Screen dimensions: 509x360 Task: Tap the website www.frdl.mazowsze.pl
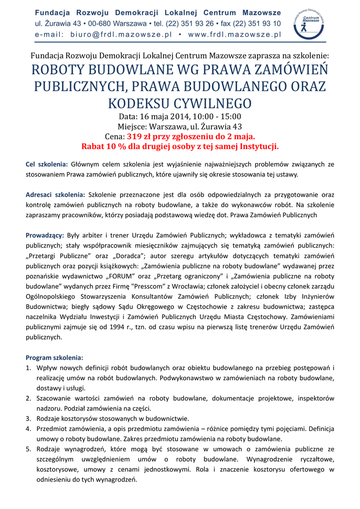pos(234,35)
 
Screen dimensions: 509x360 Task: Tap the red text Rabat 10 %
pos(104,147)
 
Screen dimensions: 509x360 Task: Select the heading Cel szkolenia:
pos(47,164)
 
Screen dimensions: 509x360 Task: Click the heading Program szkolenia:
pos(55,357)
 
